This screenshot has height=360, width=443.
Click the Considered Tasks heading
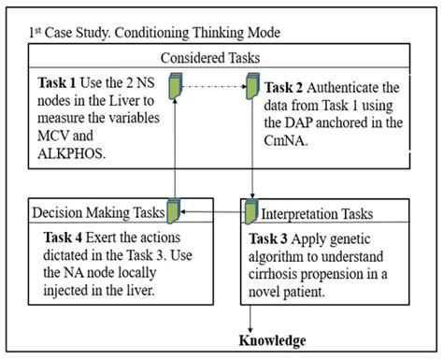[x=221, y=57]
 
